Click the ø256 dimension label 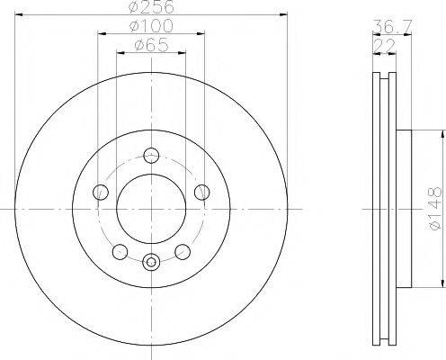pyautogui.click(x=151, y=6)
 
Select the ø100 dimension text pyautogui.click(x=151, y=26)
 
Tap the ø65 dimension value pyautogui.click(x=151, y=45)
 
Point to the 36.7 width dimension pyautogui.click(x=392, y=26)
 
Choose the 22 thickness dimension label pyautogui.click(x=384, y=46)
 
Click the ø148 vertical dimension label pyautogui.click(x=435, y=209)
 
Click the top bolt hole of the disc pyautogui.click(x=151, y=156)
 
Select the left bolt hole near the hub pyautogui.click(x=101, y=192)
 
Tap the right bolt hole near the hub pyautogui.click(x=202, y=192)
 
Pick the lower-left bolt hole pyautogui.click(x=120, y=252)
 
